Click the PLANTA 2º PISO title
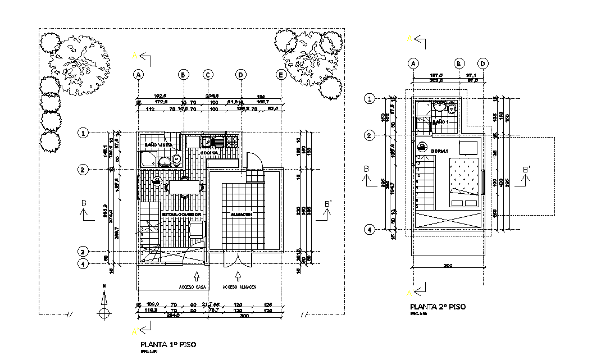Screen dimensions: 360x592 [438, 307]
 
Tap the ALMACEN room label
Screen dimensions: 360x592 [241, 215]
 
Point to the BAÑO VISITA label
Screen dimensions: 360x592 [158, 145]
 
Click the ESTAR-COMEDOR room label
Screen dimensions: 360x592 [182, 215]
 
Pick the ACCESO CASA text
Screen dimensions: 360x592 [193, 286]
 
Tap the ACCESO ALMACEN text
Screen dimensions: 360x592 [239, 286]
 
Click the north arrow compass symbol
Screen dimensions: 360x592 [103, 312]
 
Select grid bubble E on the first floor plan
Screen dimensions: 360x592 [280, 74]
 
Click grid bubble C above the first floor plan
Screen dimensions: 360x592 [208, 74]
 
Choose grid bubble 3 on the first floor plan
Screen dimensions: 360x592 [83, 252]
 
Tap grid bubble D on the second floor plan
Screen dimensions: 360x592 [483, 63]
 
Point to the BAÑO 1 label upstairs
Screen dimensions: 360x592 [441, 122]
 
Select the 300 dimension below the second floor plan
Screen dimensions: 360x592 [448, 266]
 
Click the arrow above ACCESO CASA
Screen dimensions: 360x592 [196, 276]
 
